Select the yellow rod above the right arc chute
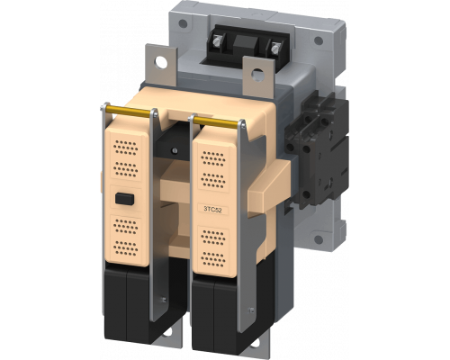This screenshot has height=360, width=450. tap(219, 121)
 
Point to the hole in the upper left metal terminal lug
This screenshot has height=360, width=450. tap(161, 63)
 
